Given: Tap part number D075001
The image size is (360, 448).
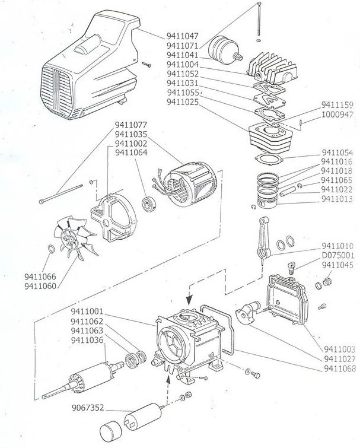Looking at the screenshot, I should click(337, 255).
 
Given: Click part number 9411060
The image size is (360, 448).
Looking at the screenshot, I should click(41, 286).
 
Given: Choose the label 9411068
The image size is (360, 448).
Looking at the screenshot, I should click(340, 368).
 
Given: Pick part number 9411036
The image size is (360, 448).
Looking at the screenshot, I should click(87, 340).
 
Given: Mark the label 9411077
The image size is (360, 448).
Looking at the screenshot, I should click(130, 125).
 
